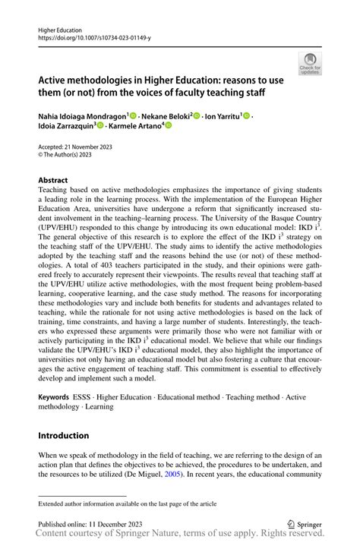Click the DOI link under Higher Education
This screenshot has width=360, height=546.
point(88,36)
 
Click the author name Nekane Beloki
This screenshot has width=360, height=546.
point(170,115)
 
